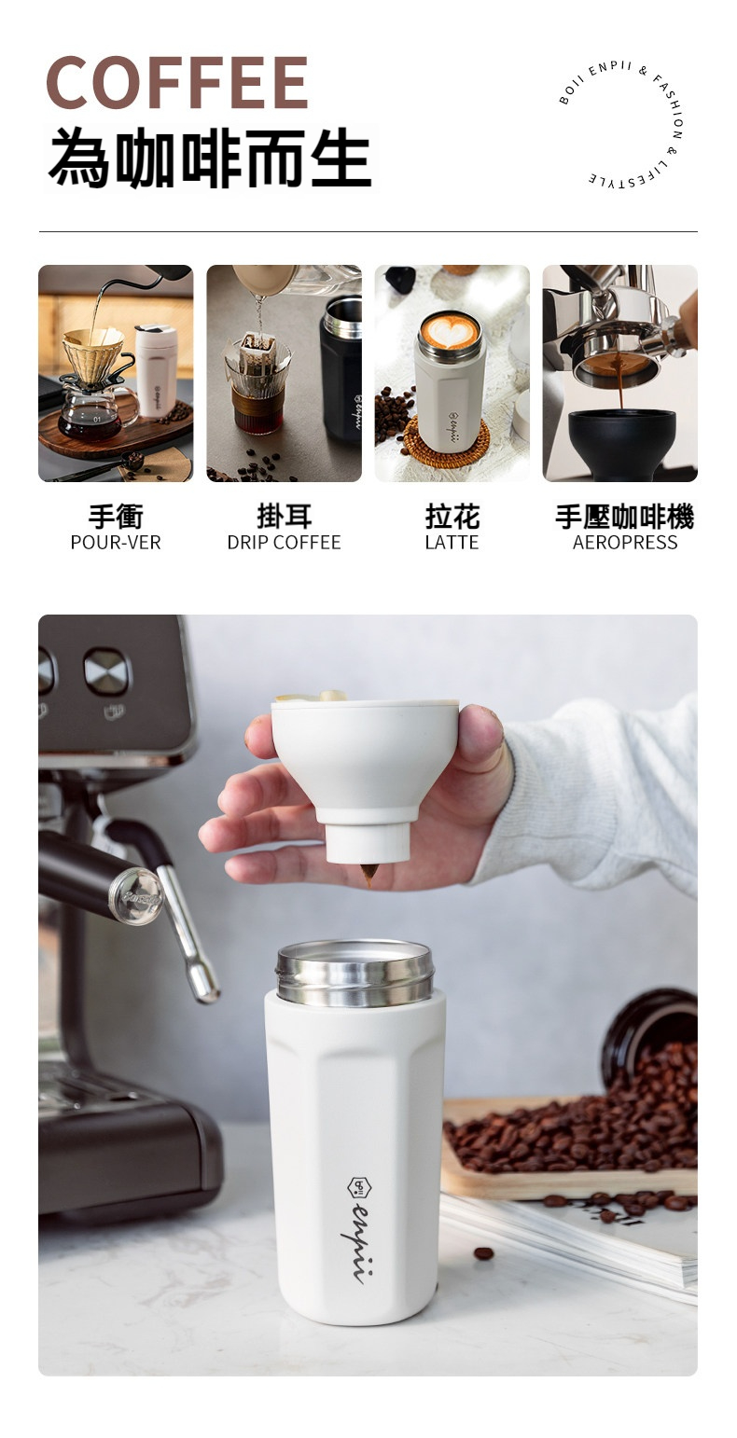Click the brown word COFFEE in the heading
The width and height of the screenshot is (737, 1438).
pyautogui.click(x=177, y=81)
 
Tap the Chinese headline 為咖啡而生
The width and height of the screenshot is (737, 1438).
pyautogui.click(x=211, y=158)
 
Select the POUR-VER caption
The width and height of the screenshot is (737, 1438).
pyautogui.click(x=116, y=543)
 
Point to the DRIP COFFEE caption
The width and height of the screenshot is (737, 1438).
pyautogui.click(x=284, y=543)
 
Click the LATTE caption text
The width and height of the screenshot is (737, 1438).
pyautogui.click(x=452, y=543)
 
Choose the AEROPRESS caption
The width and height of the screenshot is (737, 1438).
pyautogui.click(x=625, y=543)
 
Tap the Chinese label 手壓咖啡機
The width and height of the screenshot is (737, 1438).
pyautogui.click(x=625, y=517)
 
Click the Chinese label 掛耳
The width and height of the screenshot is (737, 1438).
pyautogui.click(x=285, y=517)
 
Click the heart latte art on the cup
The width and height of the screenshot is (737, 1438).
pyautogui.click(x=450, y=331)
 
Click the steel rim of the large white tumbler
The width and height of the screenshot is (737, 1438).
pyautogui.click(x=355, y=972)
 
